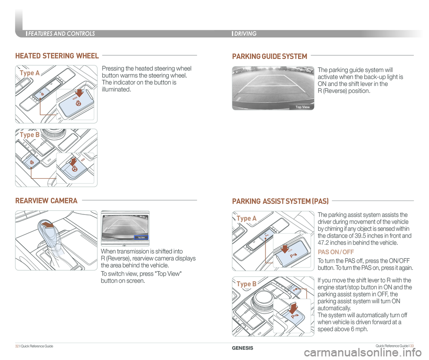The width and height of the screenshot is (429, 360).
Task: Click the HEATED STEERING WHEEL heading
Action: [57, 56]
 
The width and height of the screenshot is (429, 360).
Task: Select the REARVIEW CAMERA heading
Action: [46, 201]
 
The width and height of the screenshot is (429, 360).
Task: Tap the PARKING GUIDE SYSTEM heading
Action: [269, 56]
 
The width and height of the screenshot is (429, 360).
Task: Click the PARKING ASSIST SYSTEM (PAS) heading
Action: [280, 201]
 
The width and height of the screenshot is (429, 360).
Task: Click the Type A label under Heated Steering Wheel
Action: [29, 73]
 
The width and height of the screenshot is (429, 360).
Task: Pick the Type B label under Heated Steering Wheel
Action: [29, 134]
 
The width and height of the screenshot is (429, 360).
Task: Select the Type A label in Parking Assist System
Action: [247, 218]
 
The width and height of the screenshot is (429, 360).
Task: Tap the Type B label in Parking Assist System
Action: [247, 284]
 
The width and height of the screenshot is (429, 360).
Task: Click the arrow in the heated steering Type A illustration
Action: [80, 93]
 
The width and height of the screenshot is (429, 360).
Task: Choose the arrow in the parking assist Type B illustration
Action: [294, 309]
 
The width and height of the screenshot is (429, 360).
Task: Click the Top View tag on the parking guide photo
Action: [303, 107]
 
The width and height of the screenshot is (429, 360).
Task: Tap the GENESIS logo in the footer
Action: [243, 348]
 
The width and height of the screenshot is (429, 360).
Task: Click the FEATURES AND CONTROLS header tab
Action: [61, 33]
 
